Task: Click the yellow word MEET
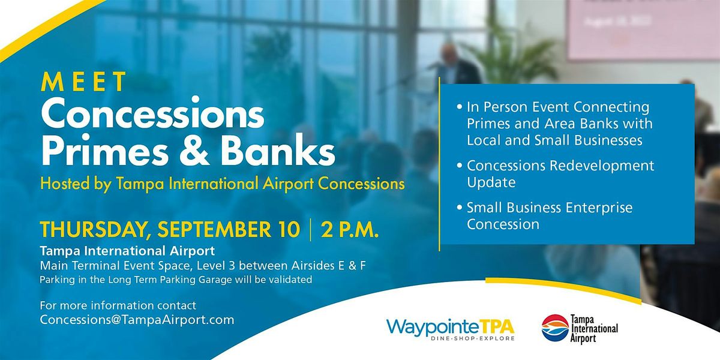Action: pos(83,82)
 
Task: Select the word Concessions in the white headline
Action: pos(152,114)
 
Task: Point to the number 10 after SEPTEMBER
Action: pos(289,229)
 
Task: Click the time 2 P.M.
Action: pos(350,229)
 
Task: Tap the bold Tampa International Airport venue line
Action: pos(127,251)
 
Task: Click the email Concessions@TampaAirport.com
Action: pos(137,320)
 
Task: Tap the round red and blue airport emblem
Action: pos(555,328)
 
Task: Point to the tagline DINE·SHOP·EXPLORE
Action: pos(473,338)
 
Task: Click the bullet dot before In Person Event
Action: pos(460,106)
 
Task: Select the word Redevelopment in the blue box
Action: pos(602,166)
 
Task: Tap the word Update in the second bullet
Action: pos(491,182)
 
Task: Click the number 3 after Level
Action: pos(232,266)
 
